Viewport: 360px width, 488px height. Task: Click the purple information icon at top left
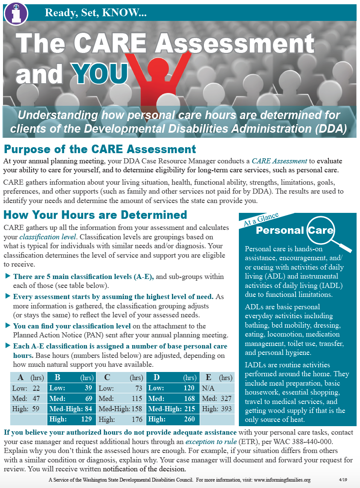point(16,13)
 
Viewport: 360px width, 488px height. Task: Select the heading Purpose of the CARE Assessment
point(100,149)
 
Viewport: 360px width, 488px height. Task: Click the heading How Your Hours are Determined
point(95,214)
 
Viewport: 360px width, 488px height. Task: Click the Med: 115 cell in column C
point(121,398)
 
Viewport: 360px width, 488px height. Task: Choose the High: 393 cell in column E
point(217,409)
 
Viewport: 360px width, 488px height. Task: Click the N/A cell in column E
point(208,388)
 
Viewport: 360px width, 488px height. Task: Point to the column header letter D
point(157,377)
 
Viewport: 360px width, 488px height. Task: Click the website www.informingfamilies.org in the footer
point(277,480)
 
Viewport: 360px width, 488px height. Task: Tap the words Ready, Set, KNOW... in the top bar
point(96,13)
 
